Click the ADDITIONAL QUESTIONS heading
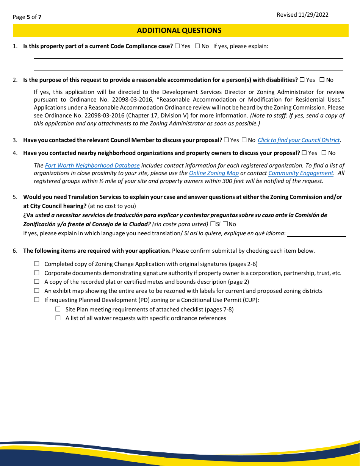(x=179, y=31)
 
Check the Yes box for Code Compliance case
(x=177, y=46)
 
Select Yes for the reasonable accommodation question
(x=302, y=80)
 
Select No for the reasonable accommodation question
(x=322, y=80)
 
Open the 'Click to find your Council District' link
(x=299, y=140)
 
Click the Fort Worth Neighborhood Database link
(x=92, y=166)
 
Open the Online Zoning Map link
(x=214, y=173)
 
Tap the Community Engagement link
(x=301, y=173)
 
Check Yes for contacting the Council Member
(x=226, y=140)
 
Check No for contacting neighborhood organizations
(x=324, y=153)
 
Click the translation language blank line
(x=316, y=234)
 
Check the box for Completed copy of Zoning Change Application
(x=37, y=264)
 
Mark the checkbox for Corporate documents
(x=37, y=273)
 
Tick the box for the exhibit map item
(x=37, y=291)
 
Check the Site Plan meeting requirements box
(x=58, y=309)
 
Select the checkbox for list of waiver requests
(x=58, y=318)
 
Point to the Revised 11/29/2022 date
(x=302, y=15)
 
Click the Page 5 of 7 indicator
(x=27, y=17)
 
